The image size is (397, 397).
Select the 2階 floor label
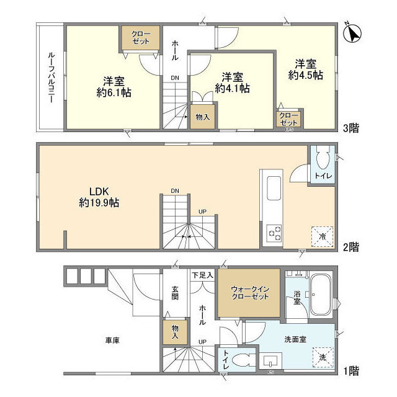(352, 246)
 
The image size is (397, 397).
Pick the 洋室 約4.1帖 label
(232, 83)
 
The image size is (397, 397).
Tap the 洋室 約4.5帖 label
(305, 69)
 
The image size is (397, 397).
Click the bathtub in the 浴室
(321, 295)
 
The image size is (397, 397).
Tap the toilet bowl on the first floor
(244, 360)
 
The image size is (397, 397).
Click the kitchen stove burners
(273, 233)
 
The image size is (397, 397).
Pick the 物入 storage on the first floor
(175, 331)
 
